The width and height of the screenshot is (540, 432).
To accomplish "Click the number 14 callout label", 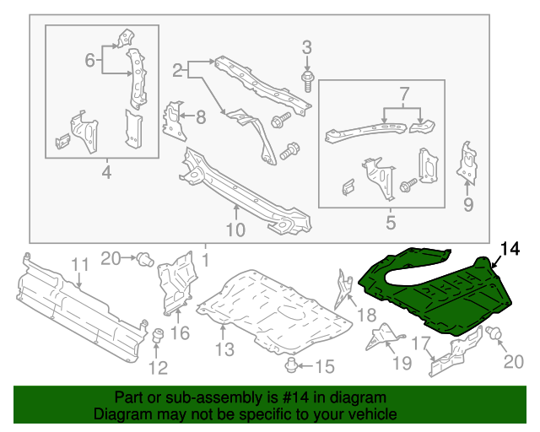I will pos(511,248).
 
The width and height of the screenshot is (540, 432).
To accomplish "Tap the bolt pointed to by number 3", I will pos(307,81).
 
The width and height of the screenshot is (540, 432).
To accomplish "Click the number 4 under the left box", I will pos(105,174).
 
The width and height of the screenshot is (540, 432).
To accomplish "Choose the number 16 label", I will pos(181,333).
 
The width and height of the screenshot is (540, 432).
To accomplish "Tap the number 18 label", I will pos(366,315).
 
